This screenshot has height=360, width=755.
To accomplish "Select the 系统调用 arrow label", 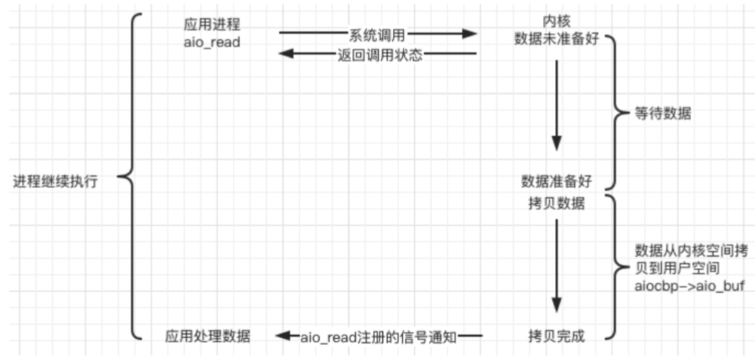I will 377,34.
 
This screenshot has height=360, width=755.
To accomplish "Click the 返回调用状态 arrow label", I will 377,55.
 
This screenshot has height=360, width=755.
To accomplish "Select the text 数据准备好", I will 555,182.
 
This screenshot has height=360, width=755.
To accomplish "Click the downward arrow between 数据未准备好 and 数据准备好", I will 557,106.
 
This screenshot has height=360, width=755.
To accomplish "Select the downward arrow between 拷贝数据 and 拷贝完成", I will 557,264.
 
